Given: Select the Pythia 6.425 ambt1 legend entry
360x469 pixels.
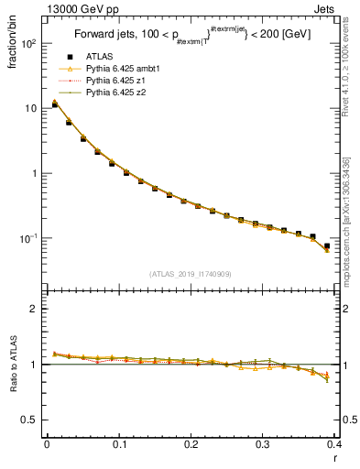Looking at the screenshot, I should coord(123,69).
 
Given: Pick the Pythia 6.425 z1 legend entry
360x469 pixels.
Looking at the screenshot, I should coord(117,81).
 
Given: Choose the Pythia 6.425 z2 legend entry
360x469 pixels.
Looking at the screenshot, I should coord(117,93).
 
